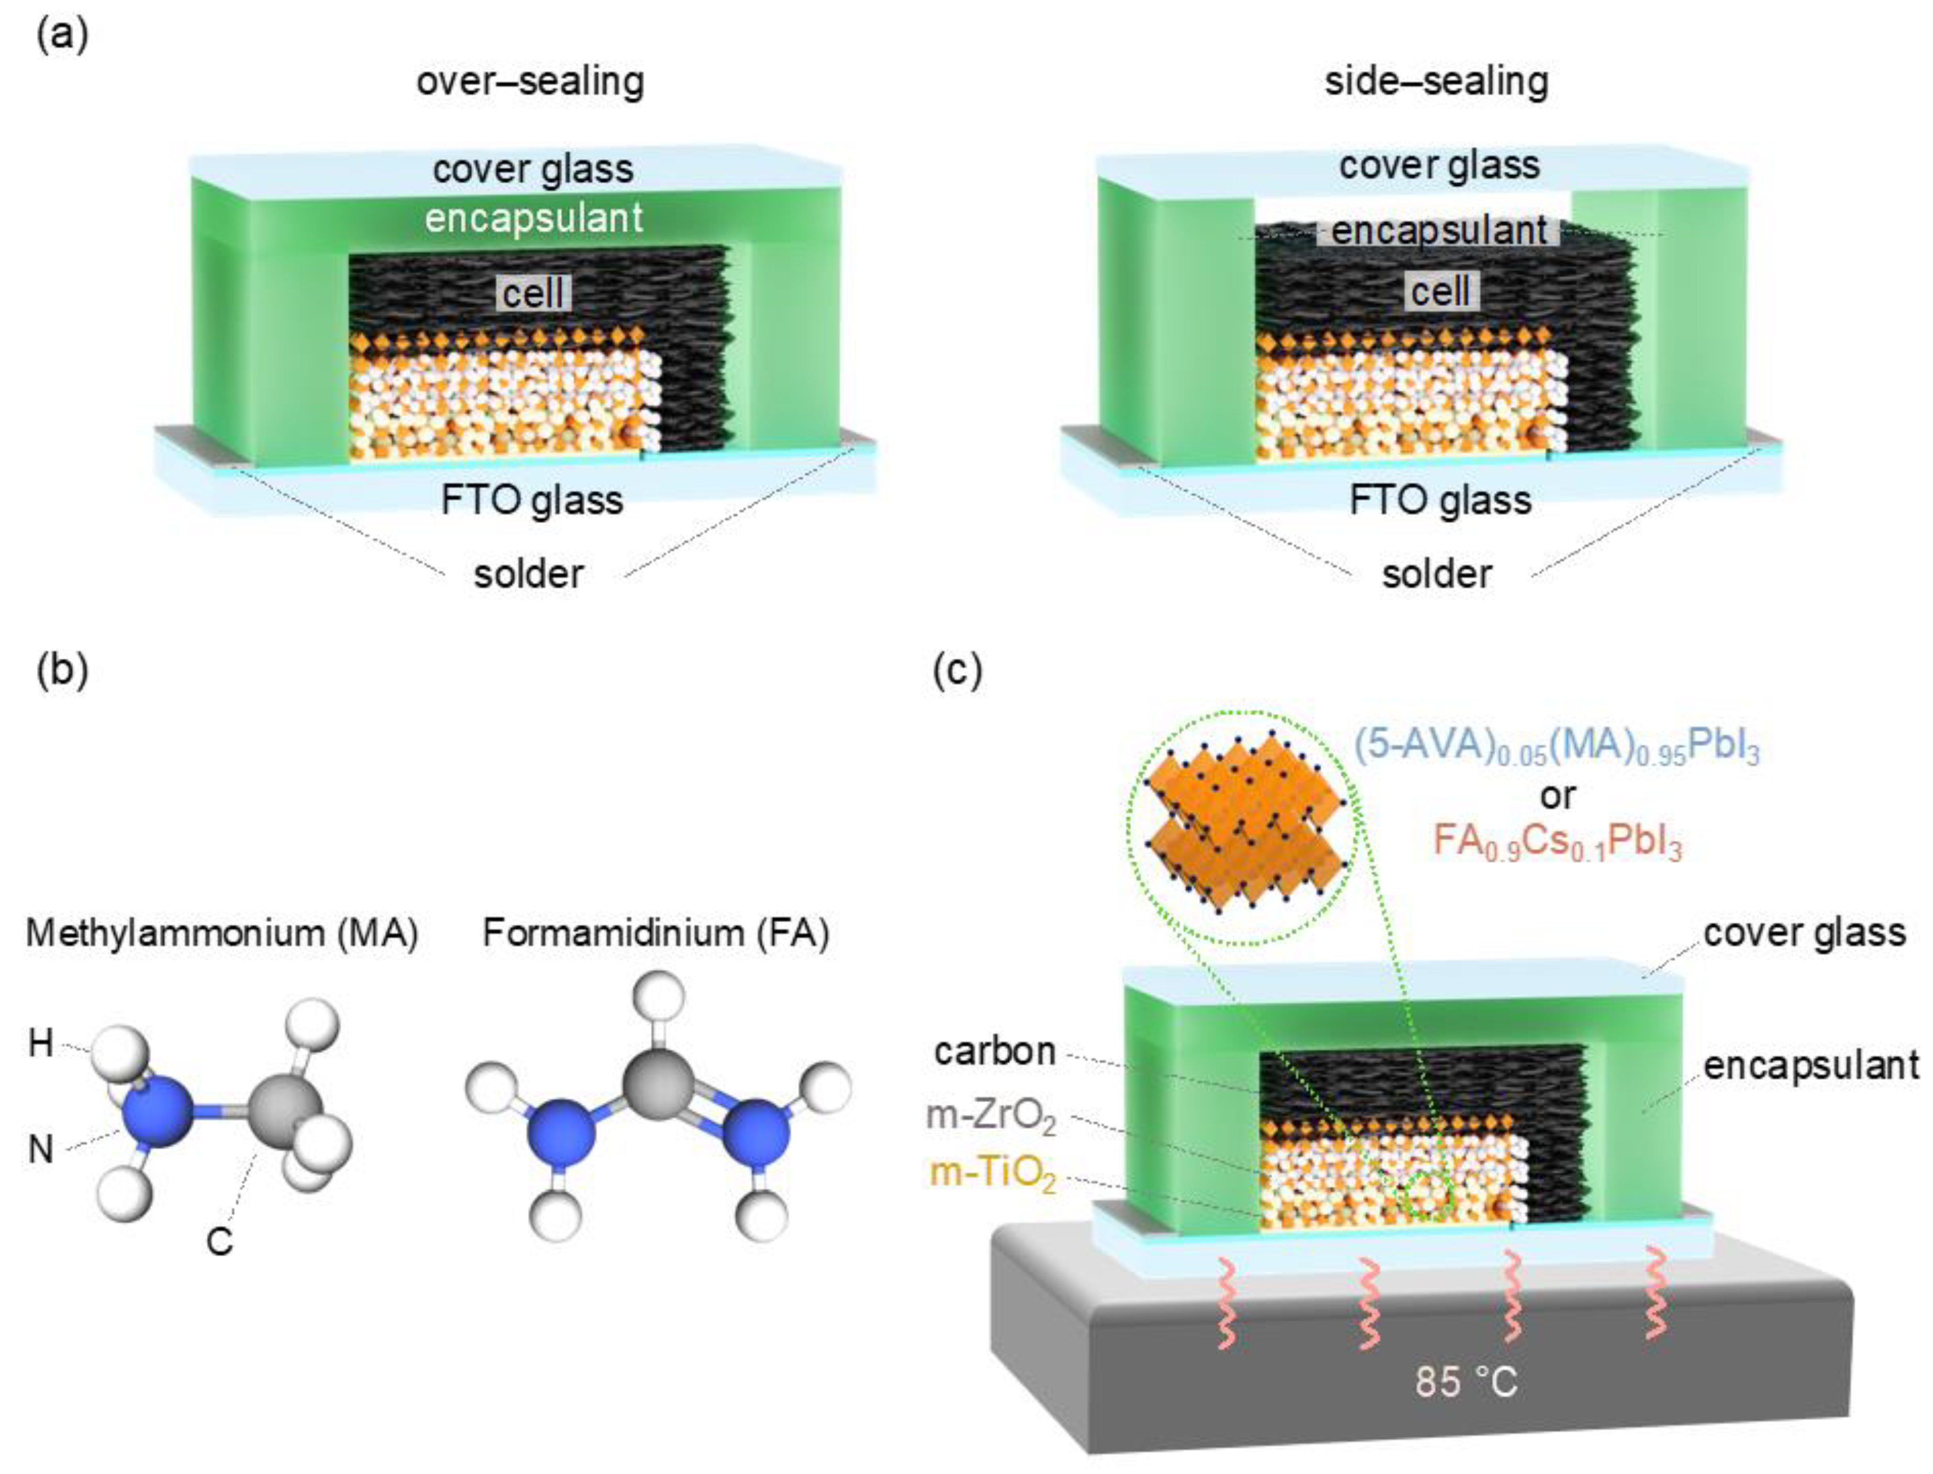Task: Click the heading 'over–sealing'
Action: tap(530, 82)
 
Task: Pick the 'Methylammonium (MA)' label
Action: tap(222, 933)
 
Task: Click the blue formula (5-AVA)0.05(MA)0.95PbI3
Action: tap(1556, 748)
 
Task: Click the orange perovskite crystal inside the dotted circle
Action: tap(1246, 826)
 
